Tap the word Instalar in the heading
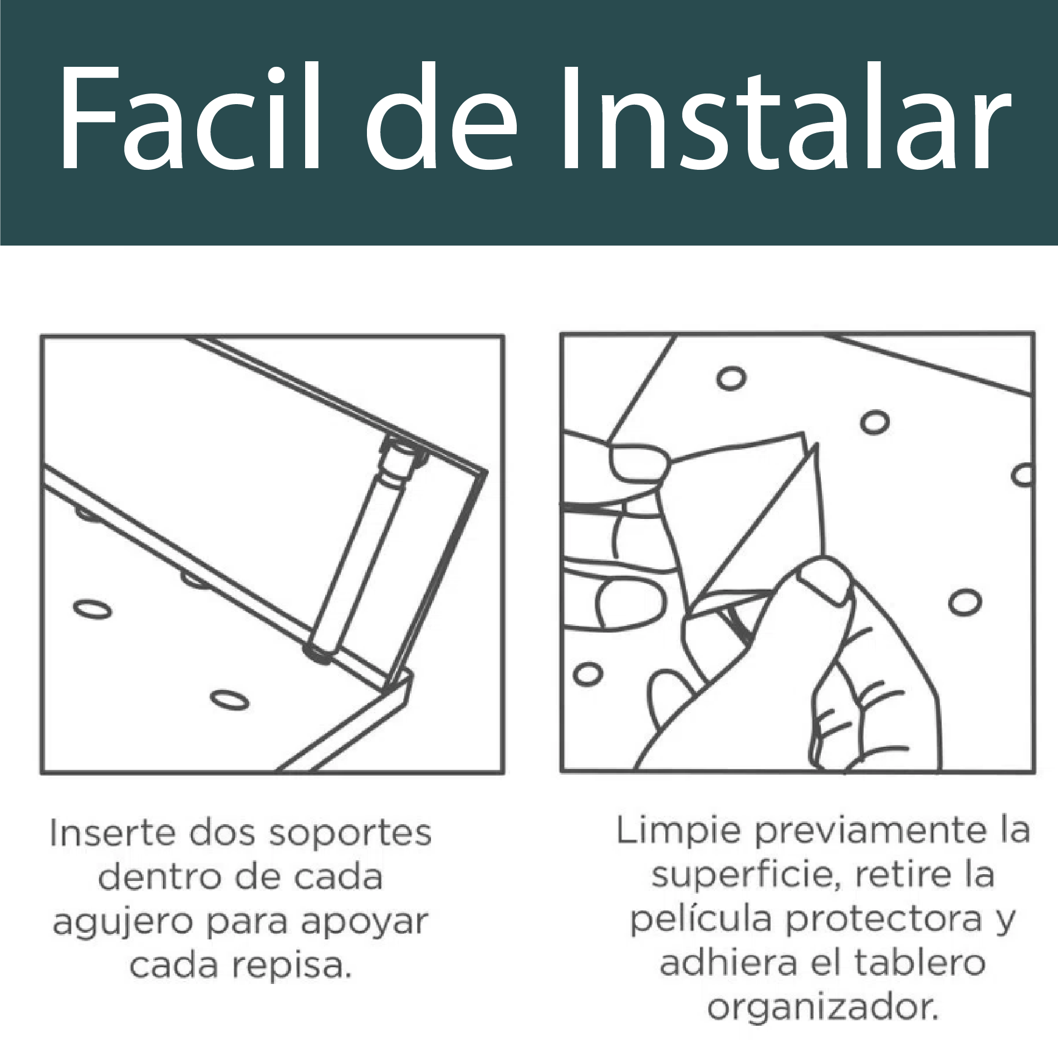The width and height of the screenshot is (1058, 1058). pos(780,120)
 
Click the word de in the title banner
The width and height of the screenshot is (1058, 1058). pos(440,120)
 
